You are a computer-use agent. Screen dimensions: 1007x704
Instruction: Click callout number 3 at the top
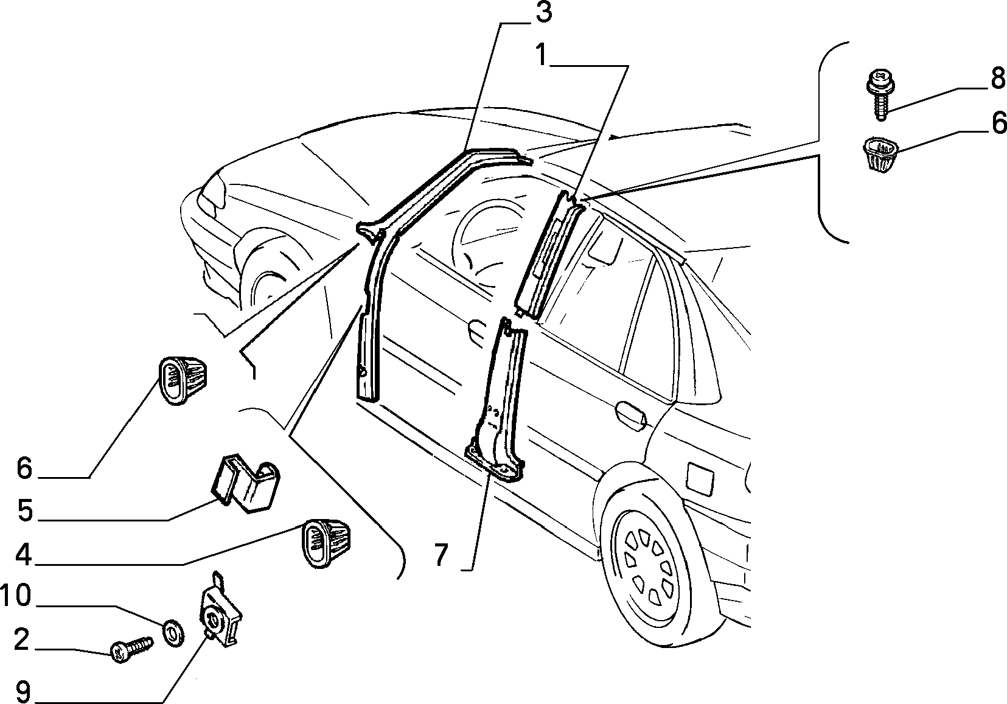click(x=543, y=13)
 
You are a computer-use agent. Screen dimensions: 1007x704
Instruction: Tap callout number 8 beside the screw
click(x=997, y=78)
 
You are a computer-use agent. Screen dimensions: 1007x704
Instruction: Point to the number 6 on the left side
click(x=24, y=467)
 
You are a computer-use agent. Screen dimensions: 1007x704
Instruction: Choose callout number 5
click(x=25, y=511)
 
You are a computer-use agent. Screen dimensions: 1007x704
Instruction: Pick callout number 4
click(x=24, y=554)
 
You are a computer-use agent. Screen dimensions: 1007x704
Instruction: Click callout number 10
click(x=16, y=596)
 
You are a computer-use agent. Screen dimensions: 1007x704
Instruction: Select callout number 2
click(x=21, y=640)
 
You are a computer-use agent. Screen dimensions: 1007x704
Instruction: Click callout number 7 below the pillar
click(x=441, y=555)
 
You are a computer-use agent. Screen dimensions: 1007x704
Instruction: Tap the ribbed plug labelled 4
click(x=326, y=543)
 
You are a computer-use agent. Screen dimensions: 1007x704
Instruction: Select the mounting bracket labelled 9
click(x=220, y=610)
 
